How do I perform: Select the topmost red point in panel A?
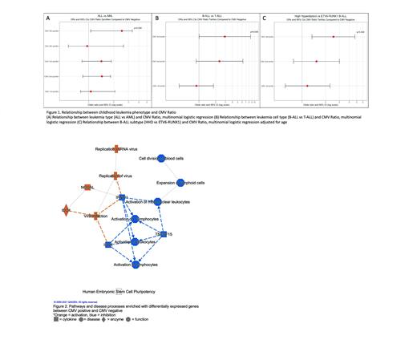[122, 30]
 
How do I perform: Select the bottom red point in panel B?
[196, 85]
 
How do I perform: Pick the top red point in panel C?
[334, 37]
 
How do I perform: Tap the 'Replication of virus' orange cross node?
[116, 176]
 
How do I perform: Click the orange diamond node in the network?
[66, 210]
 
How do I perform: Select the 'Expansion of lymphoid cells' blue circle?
[180, 183]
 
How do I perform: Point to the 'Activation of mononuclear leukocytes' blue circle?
[158, 202]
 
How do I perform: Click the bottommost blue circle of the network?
[138, 264]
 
